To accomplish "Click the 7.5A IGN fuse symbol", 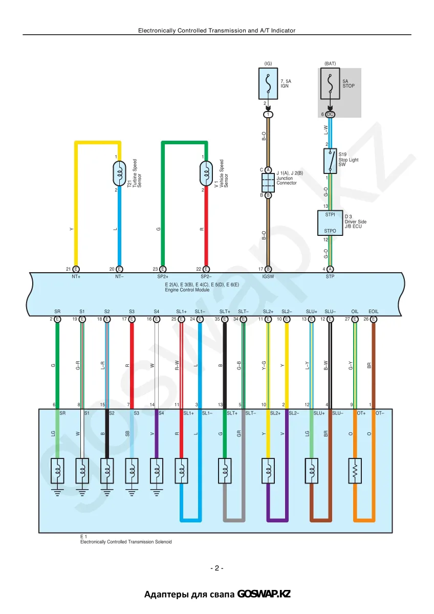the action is point(268,83).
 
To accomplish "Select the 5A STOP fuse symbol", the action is point(330,83).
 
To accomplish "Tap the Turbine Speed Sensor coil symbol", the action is point(119,173).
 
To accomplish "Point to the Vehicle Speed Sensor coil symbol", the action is point(206,173).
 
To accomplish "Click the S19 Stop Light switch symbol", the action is point(330,161).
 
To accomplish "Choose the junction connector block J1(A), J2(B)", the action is point(268,183).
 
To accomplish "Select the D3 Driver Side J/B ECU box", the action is point(330,223).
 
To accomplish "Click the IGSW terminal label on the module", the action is point(268,277).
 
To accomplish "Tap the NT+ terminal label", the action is point(76,277).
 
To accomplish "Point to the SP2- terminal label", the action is point(206,277).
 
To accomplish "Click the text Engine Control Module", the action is point(187,290).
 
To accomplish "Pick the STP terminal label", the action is point(330,277).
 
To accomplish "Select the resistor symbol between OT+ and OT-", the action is point(355,471).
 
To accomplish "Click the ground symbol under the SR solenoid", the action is point(57,493).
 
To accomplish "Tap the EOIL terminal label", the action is point(374,312).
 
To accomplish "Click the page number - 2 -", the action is point(217,568).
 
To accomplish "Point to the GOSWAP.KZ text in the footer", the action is point(264,594).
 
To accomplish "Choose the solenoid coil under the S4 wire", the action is point(156,471).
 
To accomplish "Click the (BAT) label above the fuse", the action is point(330,63).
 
